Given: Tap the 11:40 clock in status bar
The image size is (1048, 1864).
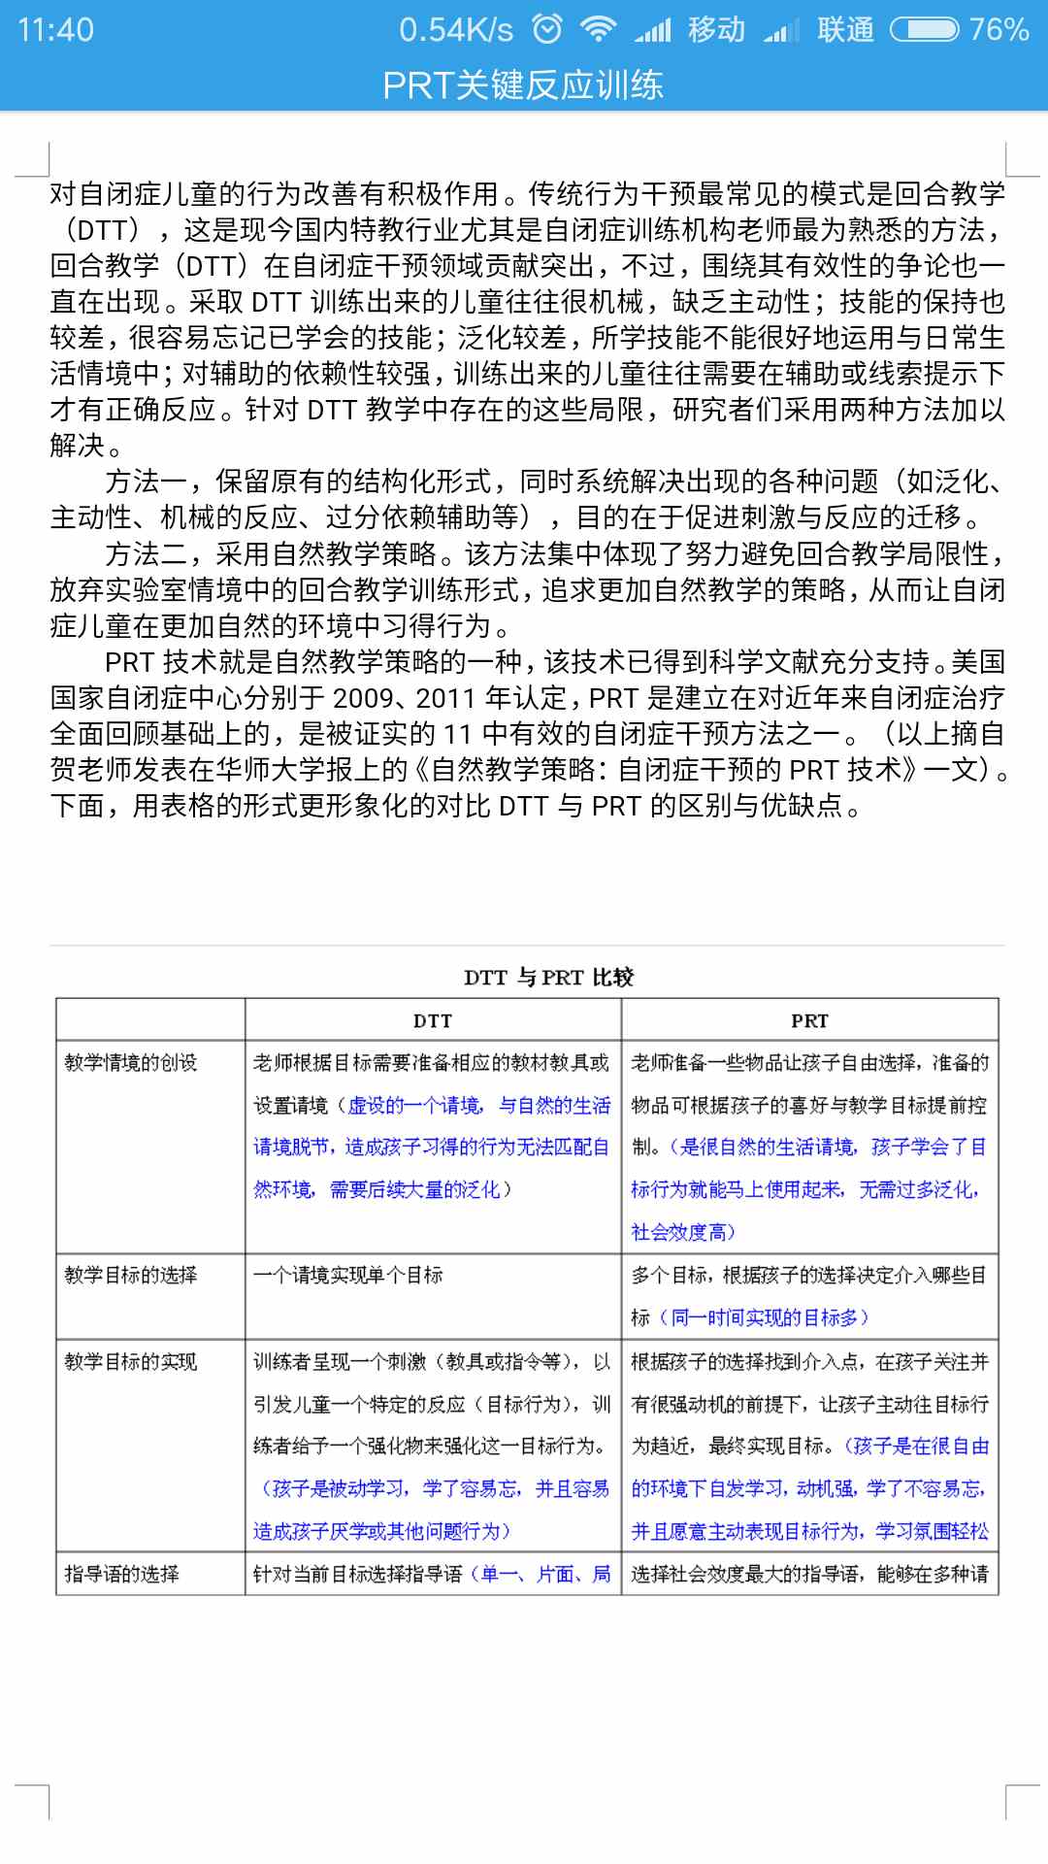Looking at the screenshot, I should pyautogui.click(x=55, y=29).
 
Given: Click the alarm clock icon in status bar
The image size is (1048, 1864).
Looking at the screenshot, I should pyautogui.click(x=548, y=29).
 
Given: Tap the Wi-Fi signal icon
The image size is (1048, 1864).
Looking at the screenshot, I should pyautogui.click(x=598, y=29).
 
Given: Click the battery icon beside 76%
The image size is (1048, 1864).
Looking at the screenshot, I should pyautogui.click(x=924, y=30).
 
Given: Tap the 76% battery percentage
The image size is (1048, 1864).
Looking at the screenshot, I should pyautogui.click(x=999, y=29).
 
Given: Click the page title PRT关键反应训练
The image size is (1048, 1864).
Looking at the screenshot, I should pyautogui.click(x=523, y=85).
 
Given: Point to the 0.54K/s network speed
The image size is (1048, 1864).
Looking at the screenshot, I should pyautogui.click(x=455, y=29).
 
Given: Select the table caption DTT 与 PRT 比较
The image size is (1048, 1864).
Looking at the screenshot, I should pyautogui.click(x=548, y=977).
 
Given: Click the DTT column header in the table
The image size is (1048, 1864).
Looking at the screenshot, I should pyautogui.click(x=433, y=1020).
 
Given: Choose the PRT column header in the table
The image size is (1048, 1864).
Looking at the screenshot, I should pyautogui.click(x=809, y=1020).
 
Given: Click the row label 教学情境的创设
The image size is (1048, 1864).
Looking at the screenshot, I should pyautogui.click(x=131, y=1063).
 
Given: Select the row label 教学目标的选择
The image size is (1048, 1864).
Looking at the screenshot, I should pyautogui.click(x=131, y=1275).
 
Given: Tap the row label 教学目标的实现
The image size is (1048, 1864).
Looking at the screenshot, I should pyautogui.click(x=131, y=1362).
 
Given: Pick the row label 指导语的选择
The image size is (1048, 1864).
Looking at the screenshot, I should pyautogui.click(x=122, y=1574).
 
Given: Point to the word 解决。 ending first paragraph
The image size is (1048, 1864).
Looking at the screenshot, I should pyautogui.click(x=86, y=446).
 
